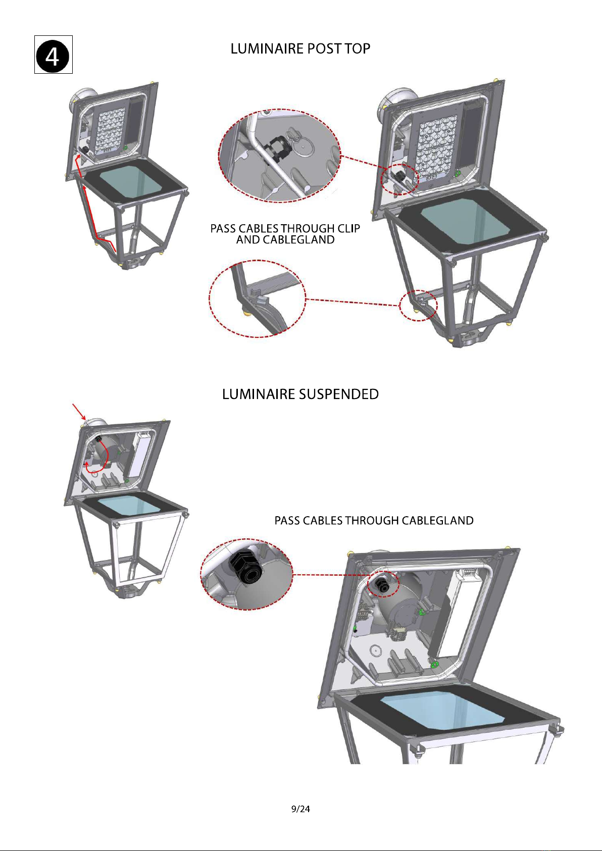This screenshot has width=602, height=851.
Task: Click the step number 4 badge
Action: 53,55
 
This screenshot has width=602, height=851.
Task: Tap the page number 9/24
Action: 300,809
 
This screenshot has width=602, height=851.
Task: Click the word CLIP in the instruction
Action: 348,228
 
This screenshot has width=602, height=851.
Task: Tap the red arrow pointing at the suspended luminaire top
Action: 79,411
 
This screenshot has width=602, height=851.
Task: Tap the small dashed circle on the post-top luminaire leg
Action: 418,305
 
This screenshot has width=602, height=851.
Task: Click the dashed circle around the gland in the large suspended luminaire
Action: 383,584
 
